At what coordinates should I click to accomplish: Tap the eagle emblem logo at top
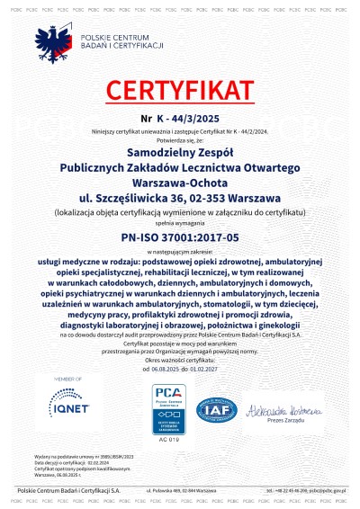pos(53,43)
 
